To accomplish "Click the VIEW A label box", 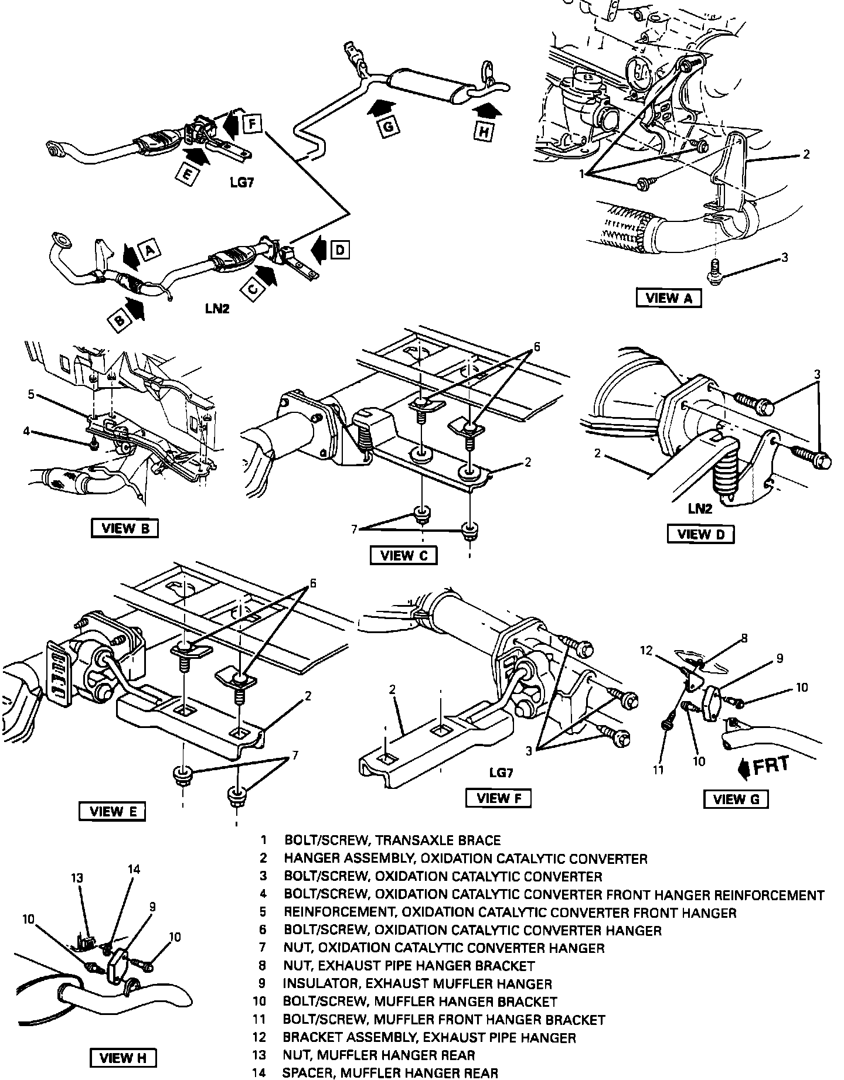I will pyautogui.click(x=668, y=298).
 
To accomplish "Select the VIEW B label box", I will pyautogui.click(x=125, y=528).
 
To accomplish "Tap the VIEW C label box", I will pyautogui.click(x=404, y=555).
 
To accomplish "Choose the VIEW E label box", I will pyautogui.click(x=111, y=811).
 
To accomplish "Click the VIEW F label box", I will pyautogui.click(x=498, y=798).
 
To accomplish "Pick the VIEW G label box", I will pyautogui.click(x=736, y=799).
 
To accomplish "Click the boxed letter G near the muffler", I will pyautogui.click(x=389, y=127).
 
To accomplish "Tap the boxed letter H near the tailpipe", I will pyautogui.click(x=483, y=132).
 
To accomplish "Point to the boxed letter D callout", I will pyautogui.click(x=339, y=251).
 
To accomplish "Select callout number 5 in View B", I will pyautogui.click(x=32, y=395).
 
